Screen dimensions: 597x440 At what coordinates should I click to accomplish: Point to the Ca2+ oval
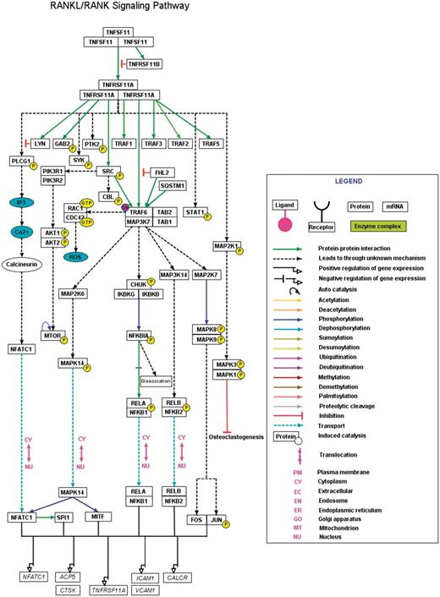point(21,230)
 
